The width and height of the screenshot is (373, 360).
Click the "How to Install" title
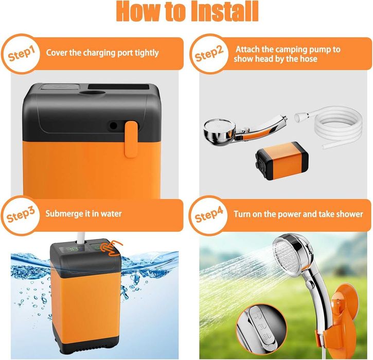187,11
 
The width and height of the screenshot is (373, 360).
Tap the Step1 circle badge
21,54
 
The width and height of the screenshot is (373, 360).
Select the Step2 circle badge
209,54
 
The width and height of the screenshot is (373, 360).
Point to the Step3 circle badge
21,215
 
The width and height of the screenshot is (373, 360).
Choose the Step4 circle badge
209,215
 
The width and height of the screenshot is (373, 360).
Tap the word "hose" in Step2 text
308,59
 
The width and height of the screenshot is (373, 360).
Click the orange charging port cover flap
131,139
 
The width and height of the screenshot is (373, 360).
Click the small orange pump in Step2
282,161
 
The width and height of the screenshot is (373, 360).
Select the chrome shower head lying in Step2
245,130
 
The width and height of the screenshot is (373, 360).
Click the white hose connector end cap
301,117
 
